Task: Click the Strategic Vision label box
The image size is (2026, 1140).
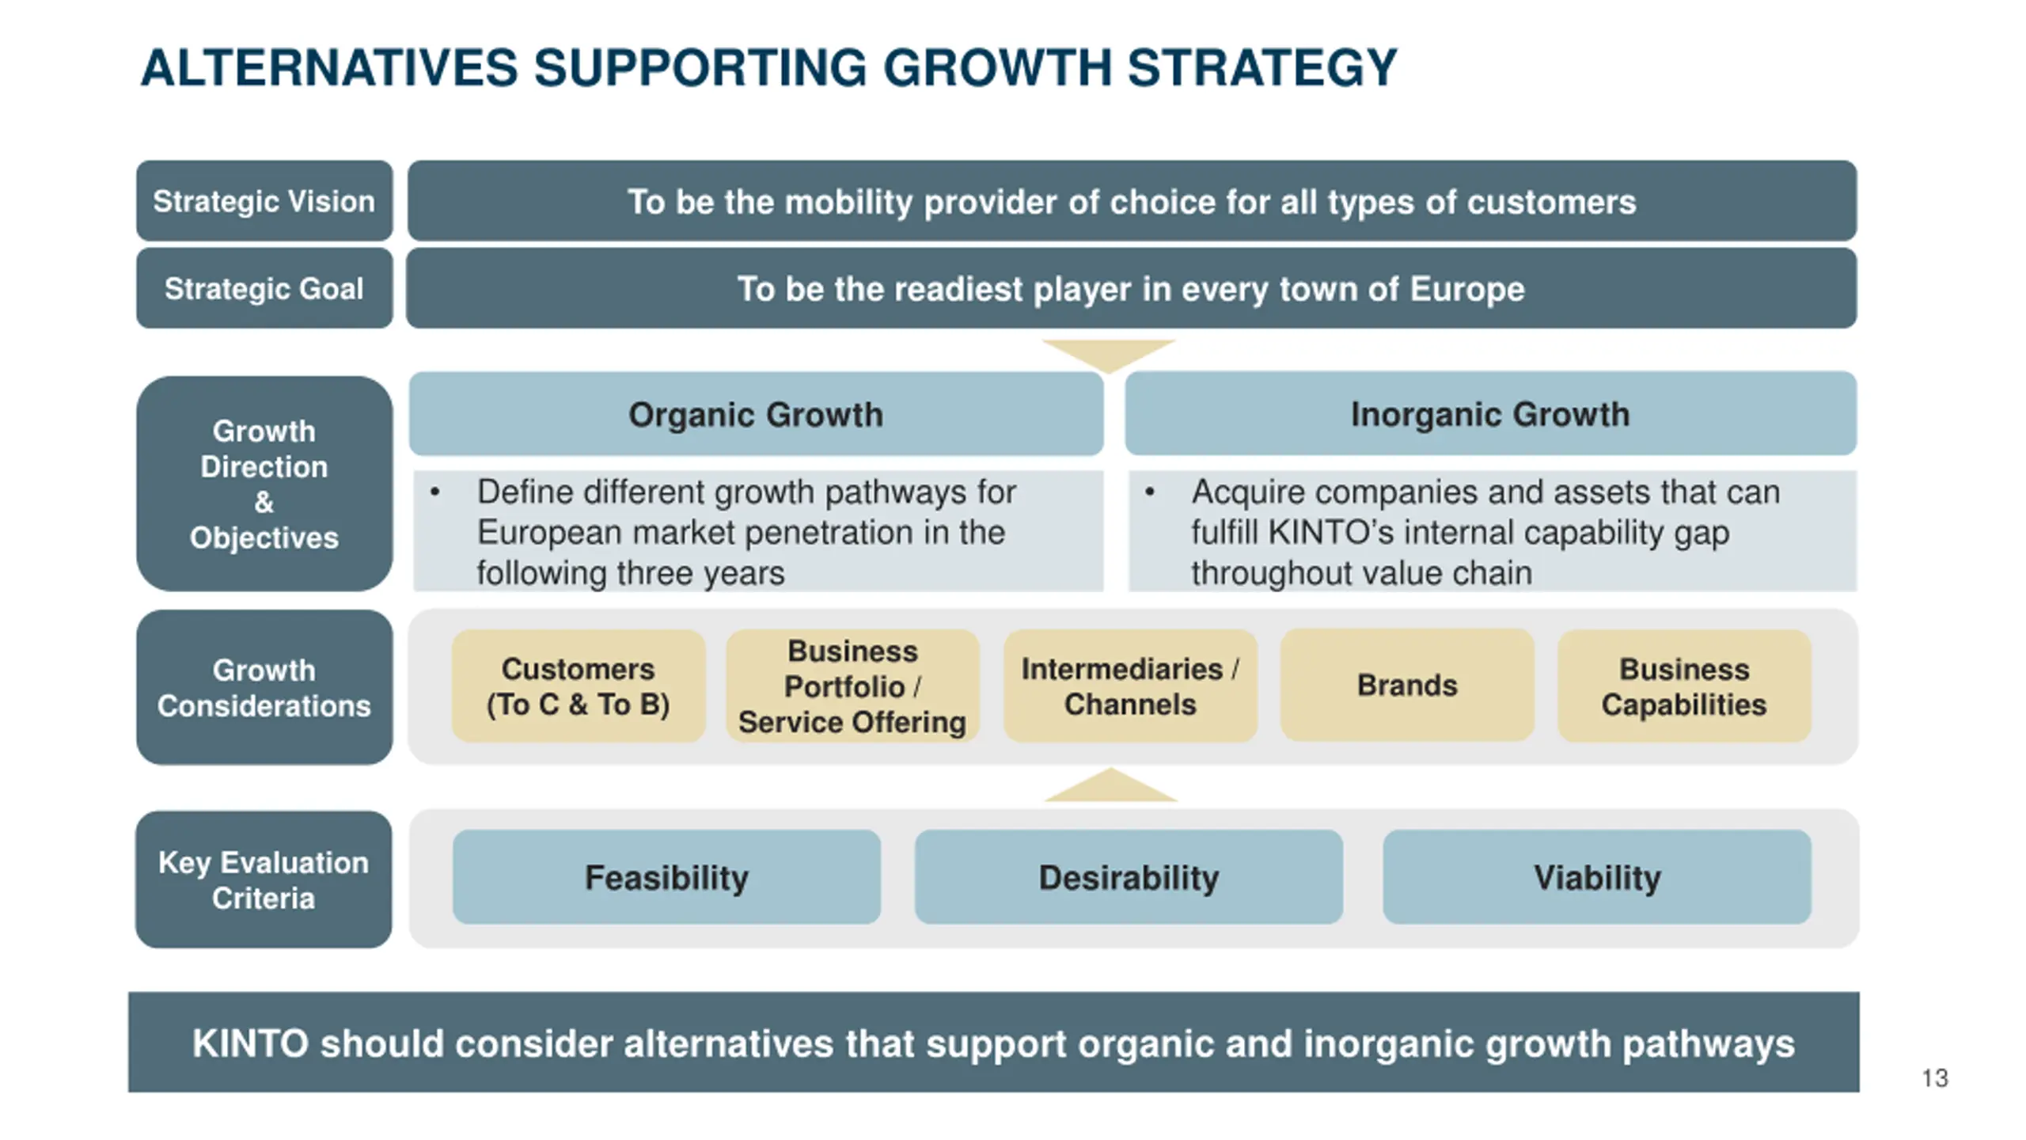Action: pos(264,201)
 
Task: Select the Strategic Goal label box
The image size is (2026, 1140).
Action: pos(264,288)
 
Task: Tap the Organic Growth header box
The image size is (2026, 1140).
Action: pos(756,414)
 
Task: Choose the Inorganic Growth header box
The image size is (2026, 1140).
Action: pos(1490,414)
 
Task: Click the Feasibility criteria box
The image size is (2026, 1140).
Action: pos(666,877)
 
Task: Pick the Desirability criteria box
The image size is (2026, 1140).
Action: pos(1129,877)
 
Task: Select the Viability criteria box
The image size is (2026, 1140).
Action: pos(1596,877)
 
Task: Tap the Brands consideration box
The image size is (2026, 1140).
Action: pos(1407,686)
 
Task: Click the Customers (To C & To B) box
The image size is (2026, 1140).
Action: pos(578,686)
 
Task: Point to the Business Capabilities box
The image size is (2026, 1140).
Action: pos(1684,686)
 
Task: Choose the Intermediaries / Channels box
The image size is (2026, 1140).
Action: pos(1130,686)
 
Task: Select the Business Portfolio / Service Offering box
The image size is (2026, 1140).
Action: pos(852,686)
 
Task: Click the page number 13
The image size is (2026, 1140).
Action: pos(1935,1078)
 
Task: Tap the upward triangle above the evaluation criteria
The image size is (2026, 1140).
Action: pos(1110,788)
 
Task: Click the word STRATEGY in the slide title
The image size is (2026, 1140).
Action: pos(1262,68)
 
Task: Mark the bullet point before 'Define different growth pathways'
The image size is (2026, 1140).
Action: pos(434,492)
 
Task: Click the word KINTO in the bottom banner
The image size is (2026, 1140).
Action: pos(250,1043)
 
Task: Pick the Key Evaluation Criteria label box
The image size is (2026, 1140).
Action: pos(264,880)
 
